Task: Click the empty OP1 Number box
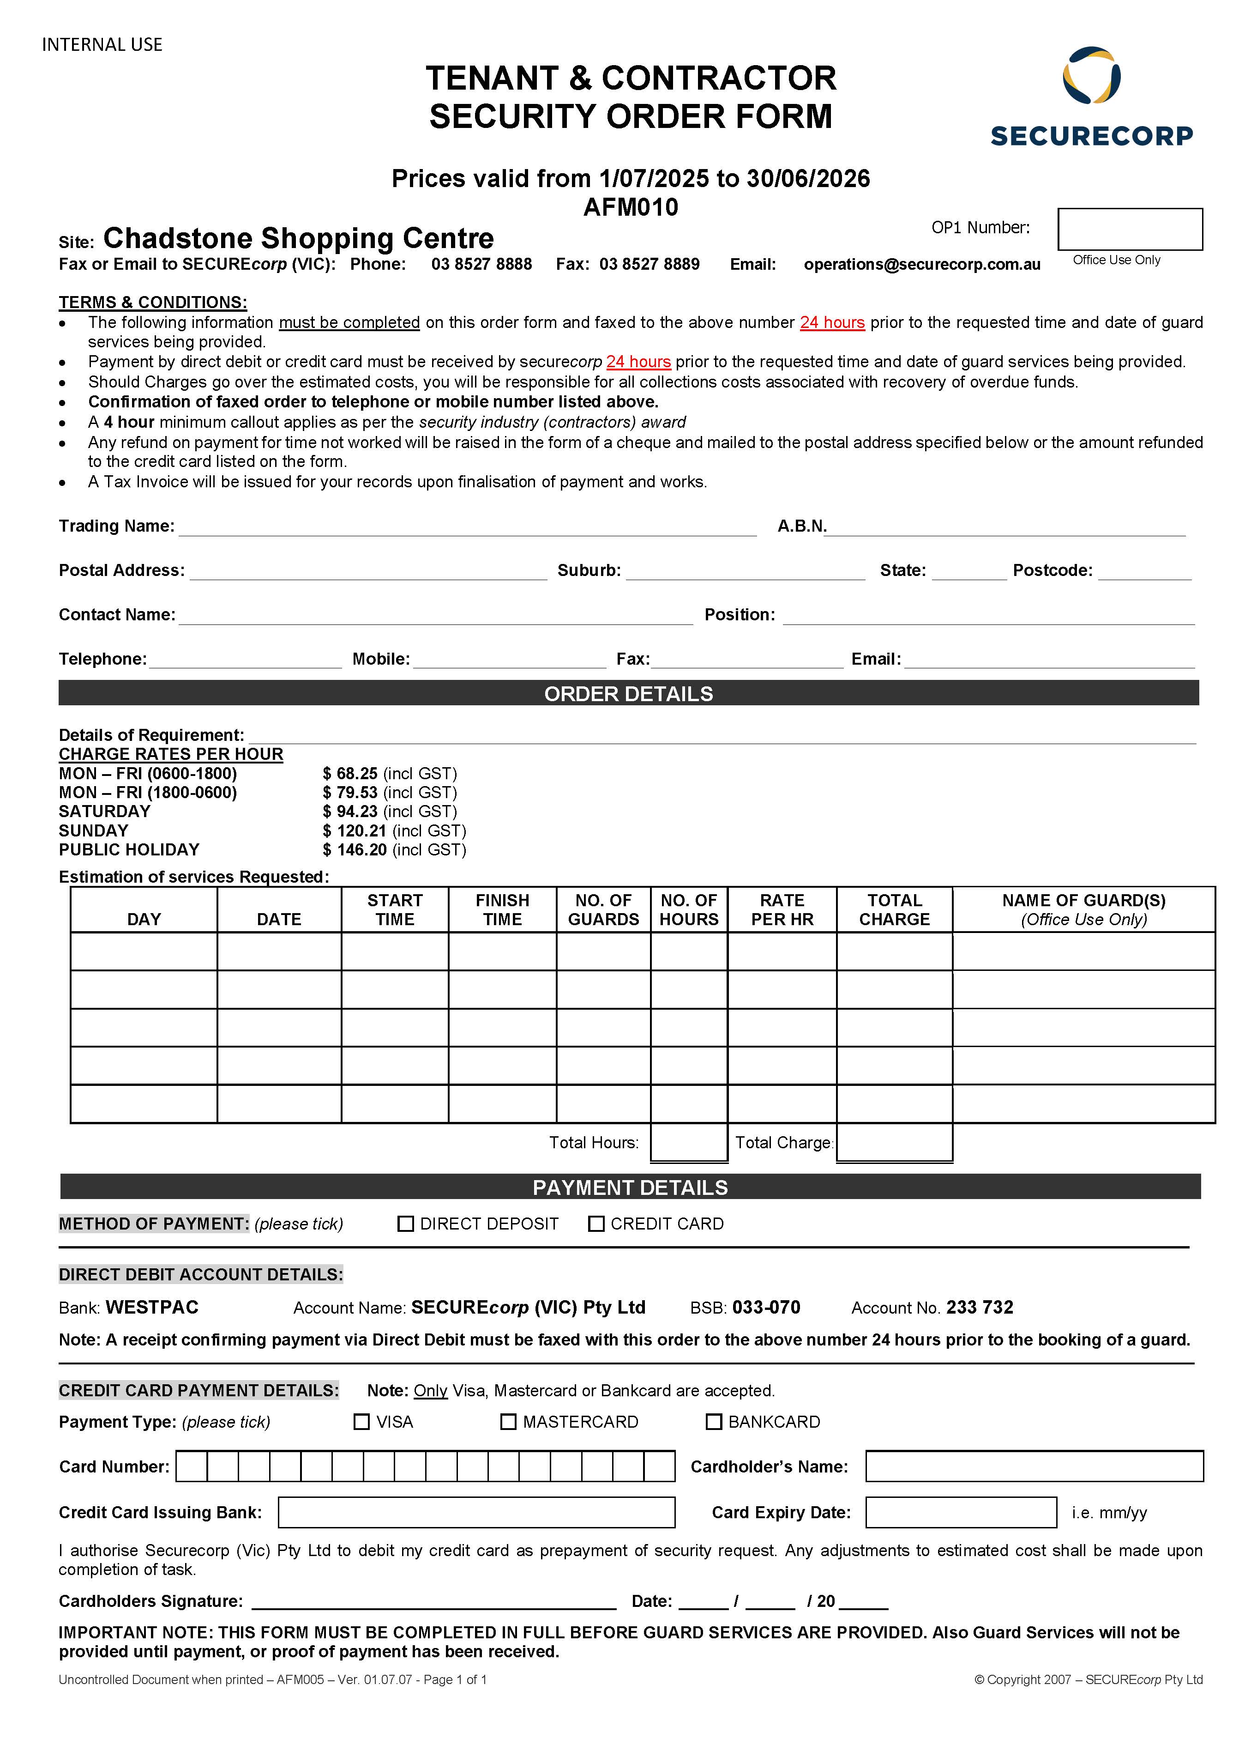coord(1130,229)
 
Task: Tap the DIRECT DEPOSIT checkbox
coord(406,1224)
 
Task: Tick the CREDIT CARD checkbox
coord(596,1224)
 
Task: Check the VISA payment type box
coord(361,1421)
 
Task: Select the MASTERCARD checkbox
coord(508,1421)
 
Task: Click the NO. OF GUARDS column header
coord(603,910)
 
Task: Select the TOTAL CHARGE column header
coord(894,910)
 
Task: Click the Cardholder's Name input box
coord(1034,1466)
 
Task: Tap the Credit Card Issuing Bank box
coord(476,1512)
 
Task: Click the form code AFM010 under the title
coord(631,207)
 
